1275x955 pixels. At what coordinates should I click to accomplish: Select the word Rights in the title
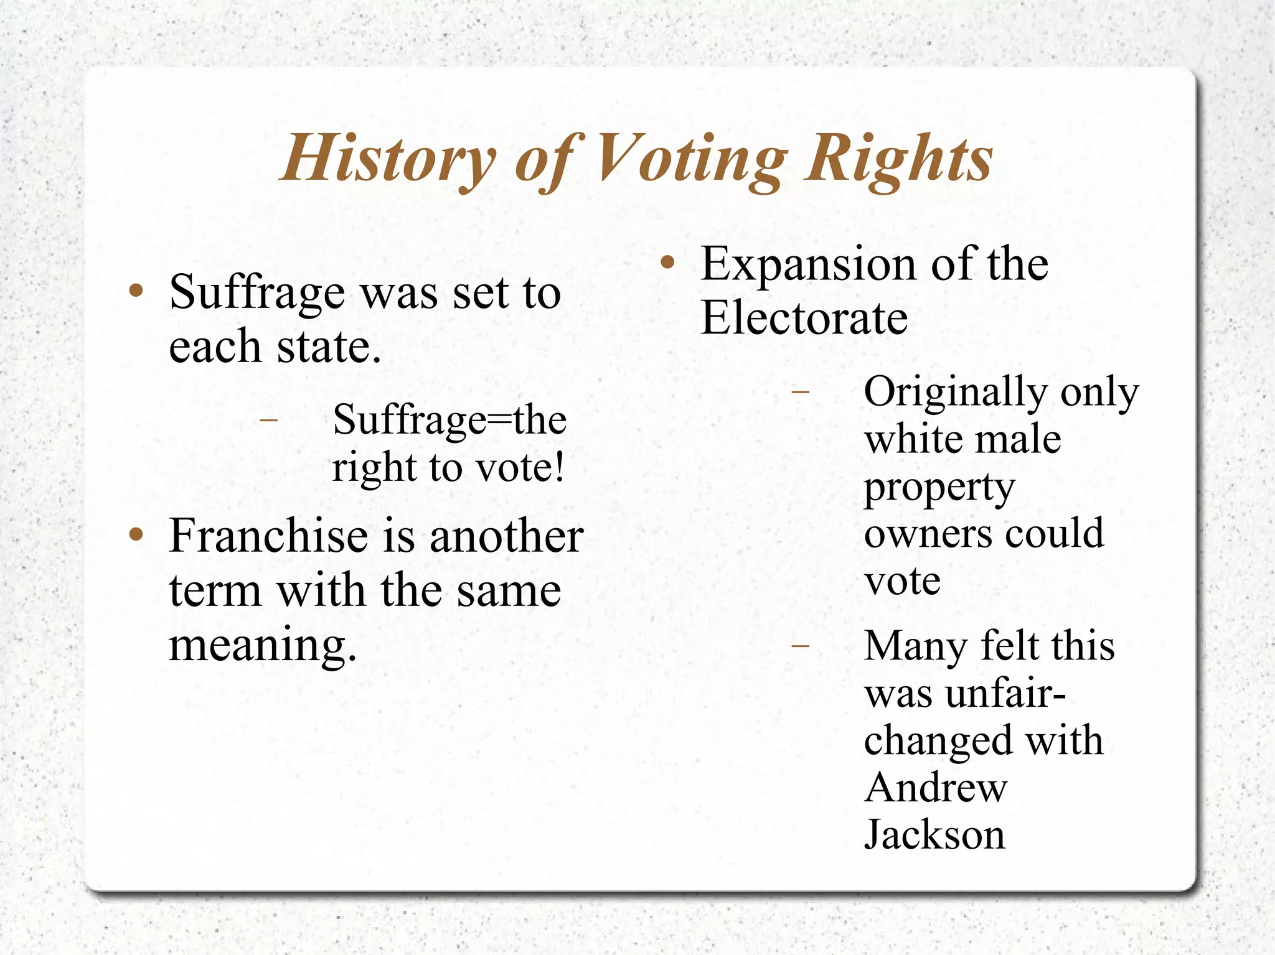coord(898,159)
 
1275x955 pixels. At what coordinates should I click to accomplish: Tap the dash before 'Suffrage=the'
coord(268,421)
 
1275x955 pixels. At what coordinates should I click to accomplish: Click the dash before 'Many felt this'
coord(800,646)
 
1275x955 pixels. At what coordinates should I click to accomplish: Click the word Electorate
coord(804,318)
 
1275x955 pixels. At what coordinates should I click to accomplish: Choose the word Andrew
coord(935,788)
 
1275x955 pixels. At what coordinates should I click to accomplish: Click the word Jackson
coord(934,835)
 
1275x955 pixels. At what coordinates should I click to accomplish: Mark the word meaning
coord(262,646)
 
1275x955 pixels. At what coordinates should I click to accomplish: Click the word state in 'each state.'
coord(328,347)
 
